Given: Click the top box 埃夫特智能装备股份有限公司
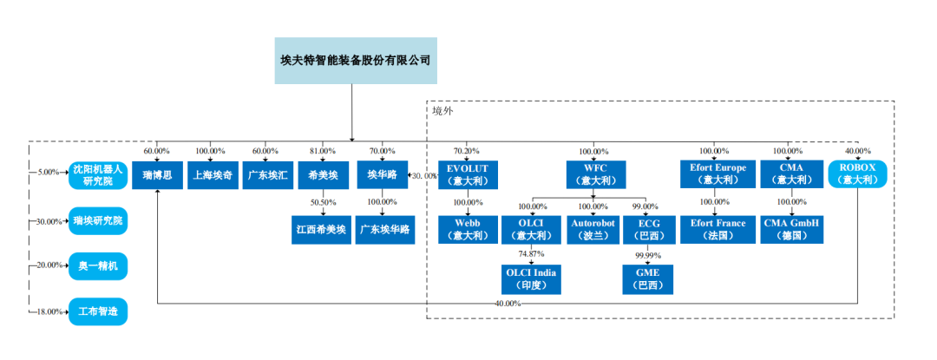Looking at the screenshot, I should coord(355,60).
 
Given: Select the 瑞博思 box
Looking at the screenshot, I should coord(157,175).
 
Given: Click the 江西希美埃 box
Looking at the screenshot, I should coord(322,229).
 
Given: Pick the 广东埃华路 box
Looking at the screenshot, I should coord(382,229).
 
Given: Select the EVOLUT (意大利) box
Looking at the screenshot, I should coord(468,174).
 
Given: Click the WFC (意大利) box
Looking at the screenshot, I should coord(593,174).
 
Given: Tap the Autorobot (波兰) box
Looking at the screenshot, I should coord(593,229).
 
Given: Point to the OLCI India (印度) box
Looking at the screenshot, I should coord(532,279).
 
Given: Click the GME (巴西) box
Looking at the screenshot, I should coord(647,279).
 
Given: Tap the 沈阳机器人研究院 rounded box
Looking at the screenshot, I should coord(98,175).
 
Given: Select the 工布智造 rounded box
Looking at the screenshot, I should coord(98,311).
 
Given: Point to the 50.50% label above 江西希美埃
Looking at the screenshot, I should coord(322,202).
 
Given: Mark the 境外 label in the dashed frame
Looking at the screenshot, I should coord(442,110).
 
